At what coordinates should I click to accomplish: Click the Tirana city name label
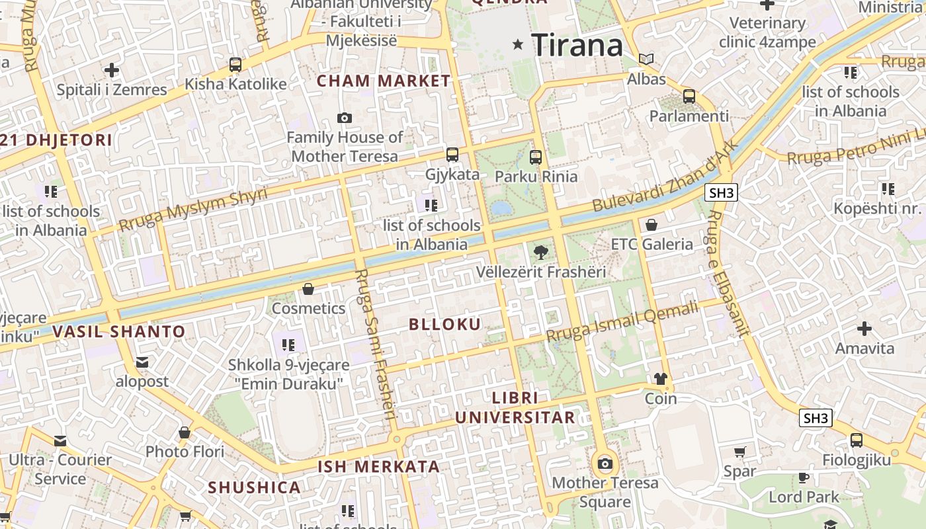577,45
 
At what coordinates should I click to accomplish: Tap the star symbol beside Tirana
518,44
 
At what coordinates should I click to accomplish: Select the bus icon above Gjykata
452,155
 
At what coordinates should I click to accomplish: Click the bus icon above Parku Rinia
536,157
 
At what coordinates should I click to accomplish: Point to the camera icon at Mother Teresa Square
605,464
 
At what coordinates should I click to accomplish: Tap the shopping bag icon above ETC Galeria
652,225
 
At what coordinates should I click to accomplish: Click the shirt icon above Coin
661,379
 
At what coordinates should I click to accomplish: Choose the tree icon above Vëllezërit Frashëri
540,252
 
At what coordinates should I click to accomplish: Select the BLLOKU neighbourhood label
444,324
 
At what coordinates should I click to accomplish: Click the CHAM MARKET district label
384,81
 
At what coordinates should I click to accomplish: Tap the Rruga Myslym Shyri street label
193,209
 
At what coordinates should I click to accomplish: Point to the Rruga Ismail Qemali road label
622,321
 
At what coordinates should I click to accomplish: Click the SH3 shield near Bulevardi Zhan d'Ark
720,193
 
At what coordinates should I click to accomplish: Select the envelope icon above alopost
142,362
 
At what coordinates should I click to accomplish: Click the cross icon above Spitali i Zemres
112,70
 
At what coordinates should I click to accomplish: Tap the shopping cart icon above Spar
739,452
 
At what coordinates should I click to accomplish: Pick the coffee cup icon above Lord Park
804,477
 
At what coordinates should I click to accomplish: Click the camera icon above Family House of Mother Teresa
345,118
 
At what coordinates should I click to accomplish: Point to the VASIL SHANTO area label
118,331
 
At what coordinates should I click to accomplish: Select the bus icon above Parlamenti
689,97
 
